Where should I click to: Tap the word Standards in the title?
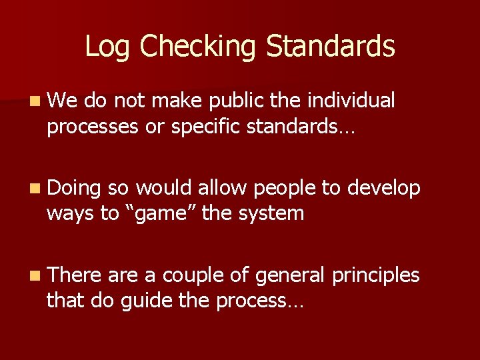(331, 47)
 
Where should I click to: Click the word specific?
(207, 127)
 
